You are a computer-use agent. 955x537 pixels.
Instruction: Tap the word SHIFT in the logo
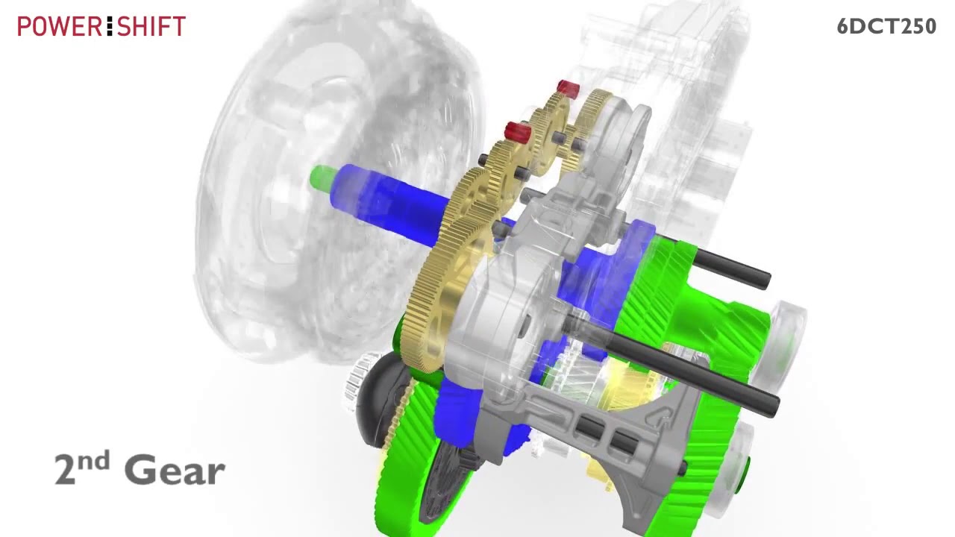[151, 26]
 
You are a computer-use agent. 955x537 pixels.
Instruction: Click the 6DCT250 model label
[886, 26]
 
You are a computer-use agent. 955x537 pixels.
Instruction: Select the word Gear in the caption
[175, 470]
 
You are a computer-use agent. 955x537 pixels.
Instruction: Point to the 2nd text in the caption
[82, 468]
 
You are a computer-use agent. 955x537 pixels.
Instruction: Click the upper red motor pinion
[568, 88]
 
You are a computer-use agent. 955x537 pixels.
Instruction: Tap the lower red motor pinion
[517, 131]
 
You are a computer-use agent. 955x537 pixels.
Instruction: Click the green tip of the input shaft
[322, 178]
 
